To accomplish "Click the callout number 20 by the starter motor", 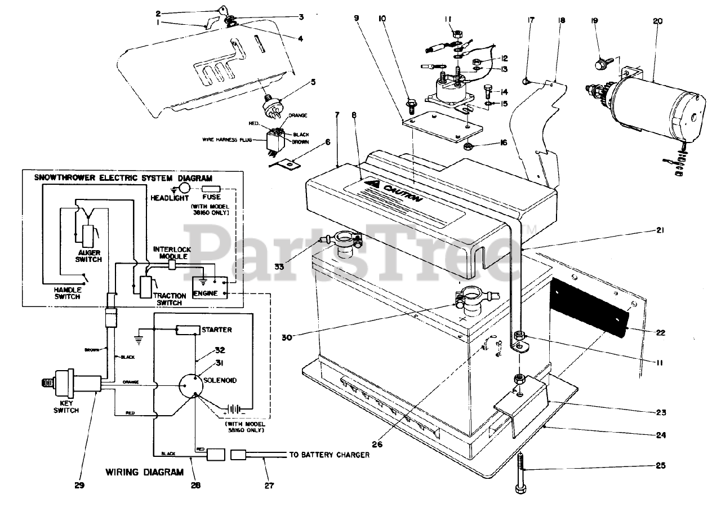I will [657, 21].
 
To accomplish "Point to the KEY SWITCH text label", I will [66, 407].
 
